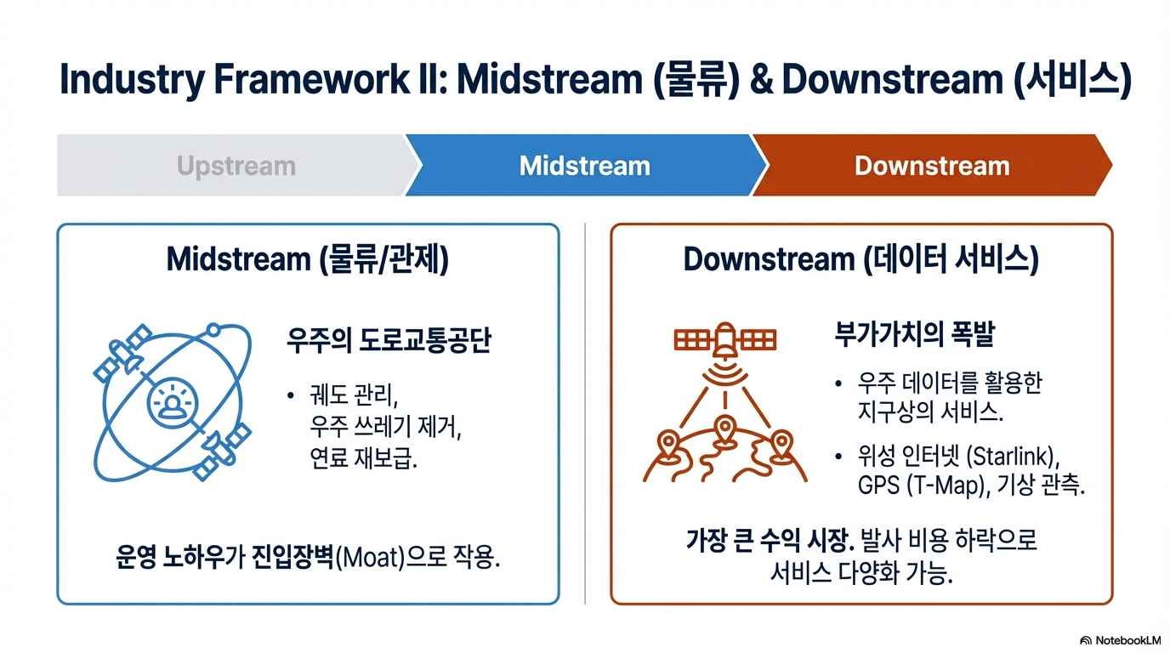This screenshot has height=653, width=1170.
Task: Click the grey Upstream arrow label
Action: tap(236, 166)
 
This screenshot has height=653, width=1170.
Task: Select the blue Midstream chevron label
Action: tap(584, 166)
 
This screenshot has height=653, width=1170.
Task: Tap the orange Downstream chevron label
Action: tap(932, 166)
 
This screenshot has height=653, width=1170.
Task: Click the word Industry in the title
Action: tap(132, 79)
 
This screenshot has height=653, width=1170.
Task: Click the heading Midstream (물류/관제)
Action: tap(308, 259)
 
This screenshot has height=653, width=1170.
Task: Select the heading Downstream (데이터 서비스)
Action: tap(860, 259)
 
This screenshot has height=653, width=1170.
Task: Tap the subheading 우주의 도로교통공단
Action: tap(389, 340)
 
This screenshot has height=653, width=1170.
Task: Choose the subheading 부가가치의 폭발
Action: tap(914, 334)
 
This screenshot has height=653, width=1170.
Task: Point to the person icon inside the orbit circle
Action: tap(172, 403)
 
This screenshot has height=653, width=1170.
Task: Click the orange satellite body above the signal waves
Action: tap(725, 340)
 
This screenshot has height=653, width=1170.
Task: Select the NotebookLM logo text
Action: tap(1127, 640)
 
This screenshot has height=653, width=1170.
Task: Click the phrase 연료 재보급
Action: tap(364, 458)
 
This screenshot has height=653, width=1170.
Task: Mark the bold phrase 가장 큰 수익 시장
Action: tap(770, 541)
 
